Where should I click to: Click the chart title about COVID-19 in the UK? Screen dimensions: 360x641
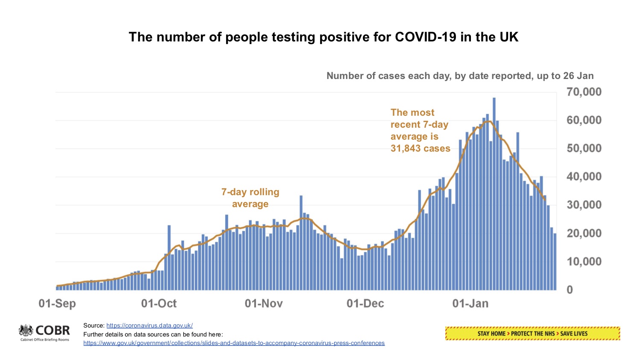[x=323, y=37]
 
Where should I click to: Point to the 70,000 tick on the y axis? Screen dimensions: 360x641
[x=584, y=92]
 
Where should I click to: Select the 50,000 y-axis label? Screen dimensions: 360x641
[x=584, y=149]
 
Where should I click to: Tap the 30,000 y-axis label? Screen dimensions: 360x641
[x=584, y=205]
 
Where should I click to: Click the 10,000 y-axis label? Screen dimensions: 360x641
[x=584, y=261]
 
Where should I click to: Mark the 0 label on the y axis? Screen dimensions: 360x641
[x=570, y=290]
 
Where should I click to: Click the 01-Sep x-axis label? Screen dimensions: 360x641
[x=57, y=304]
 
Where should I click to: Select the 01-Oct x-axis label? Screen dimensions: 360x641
[x=159, y=304]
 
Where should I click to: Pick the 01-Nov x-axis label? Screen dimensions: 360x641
[x=264, y=304]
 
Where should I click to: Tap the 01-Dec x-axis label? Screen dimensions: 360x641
[x=365, y=304]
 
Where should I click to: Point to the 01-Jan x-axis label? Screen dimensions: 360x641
[x=470, y=304]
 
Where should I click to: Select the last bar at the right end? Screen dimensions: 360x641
[x=555, y=261]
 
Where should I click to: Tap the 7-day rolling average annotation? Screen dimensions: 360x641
[x=250, y=198]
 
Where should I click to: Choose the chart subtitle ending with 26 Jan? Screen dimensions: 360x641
[x=460, y=76]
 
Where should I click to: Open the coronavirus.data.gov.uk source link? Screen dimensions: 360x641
[x=150, y=325]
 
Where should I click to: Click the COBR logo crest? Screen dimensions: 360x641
[x=26, y=331]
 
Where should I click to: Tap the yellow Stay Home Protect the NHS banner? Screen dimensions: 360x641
[x=532, y=334]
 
